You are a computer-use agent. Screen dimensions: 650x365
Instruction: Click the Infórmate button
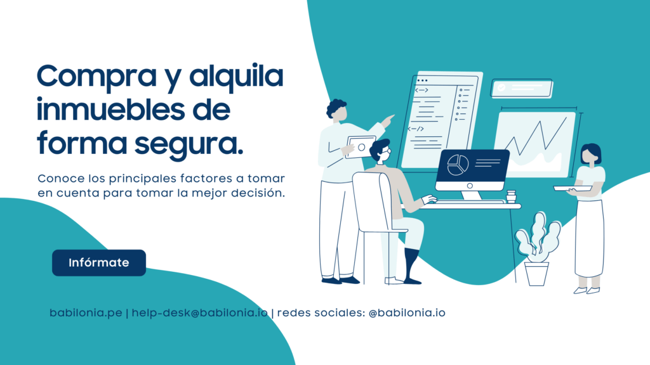point(98,263)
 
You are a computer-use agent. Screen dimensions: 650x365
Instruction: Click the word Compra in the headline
point(97,77)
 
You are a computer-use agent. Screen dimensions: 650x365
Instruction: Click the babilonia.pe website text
point(86,313)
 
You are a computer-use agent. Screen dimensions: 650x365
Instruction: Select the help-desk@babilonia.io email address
point(200,313)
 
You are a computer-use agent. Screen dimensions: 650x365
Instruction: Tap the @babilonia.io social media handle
point(407,313)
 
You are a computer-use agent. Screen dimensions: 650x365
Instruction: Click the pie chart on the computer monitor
point(458,165)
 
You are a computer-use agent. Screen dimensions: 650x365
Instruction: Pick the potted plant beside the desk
point(538,249)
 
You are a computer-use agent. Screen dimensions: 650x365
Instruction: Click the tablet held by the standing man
point(360,147)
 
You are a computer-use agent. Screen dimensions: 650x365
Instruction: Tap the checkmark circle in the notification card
point(501,87)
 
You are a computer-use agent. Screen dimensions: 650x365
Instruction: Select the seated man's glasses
point(386,151)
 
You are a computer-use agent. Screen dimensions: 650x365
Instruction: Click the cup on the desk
point(511,196)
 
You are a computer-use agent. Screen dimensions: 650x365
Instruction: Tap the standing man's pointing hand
point(388,120)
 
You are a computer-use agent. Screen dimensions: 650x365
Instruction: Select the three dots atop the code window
point(422,80)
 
